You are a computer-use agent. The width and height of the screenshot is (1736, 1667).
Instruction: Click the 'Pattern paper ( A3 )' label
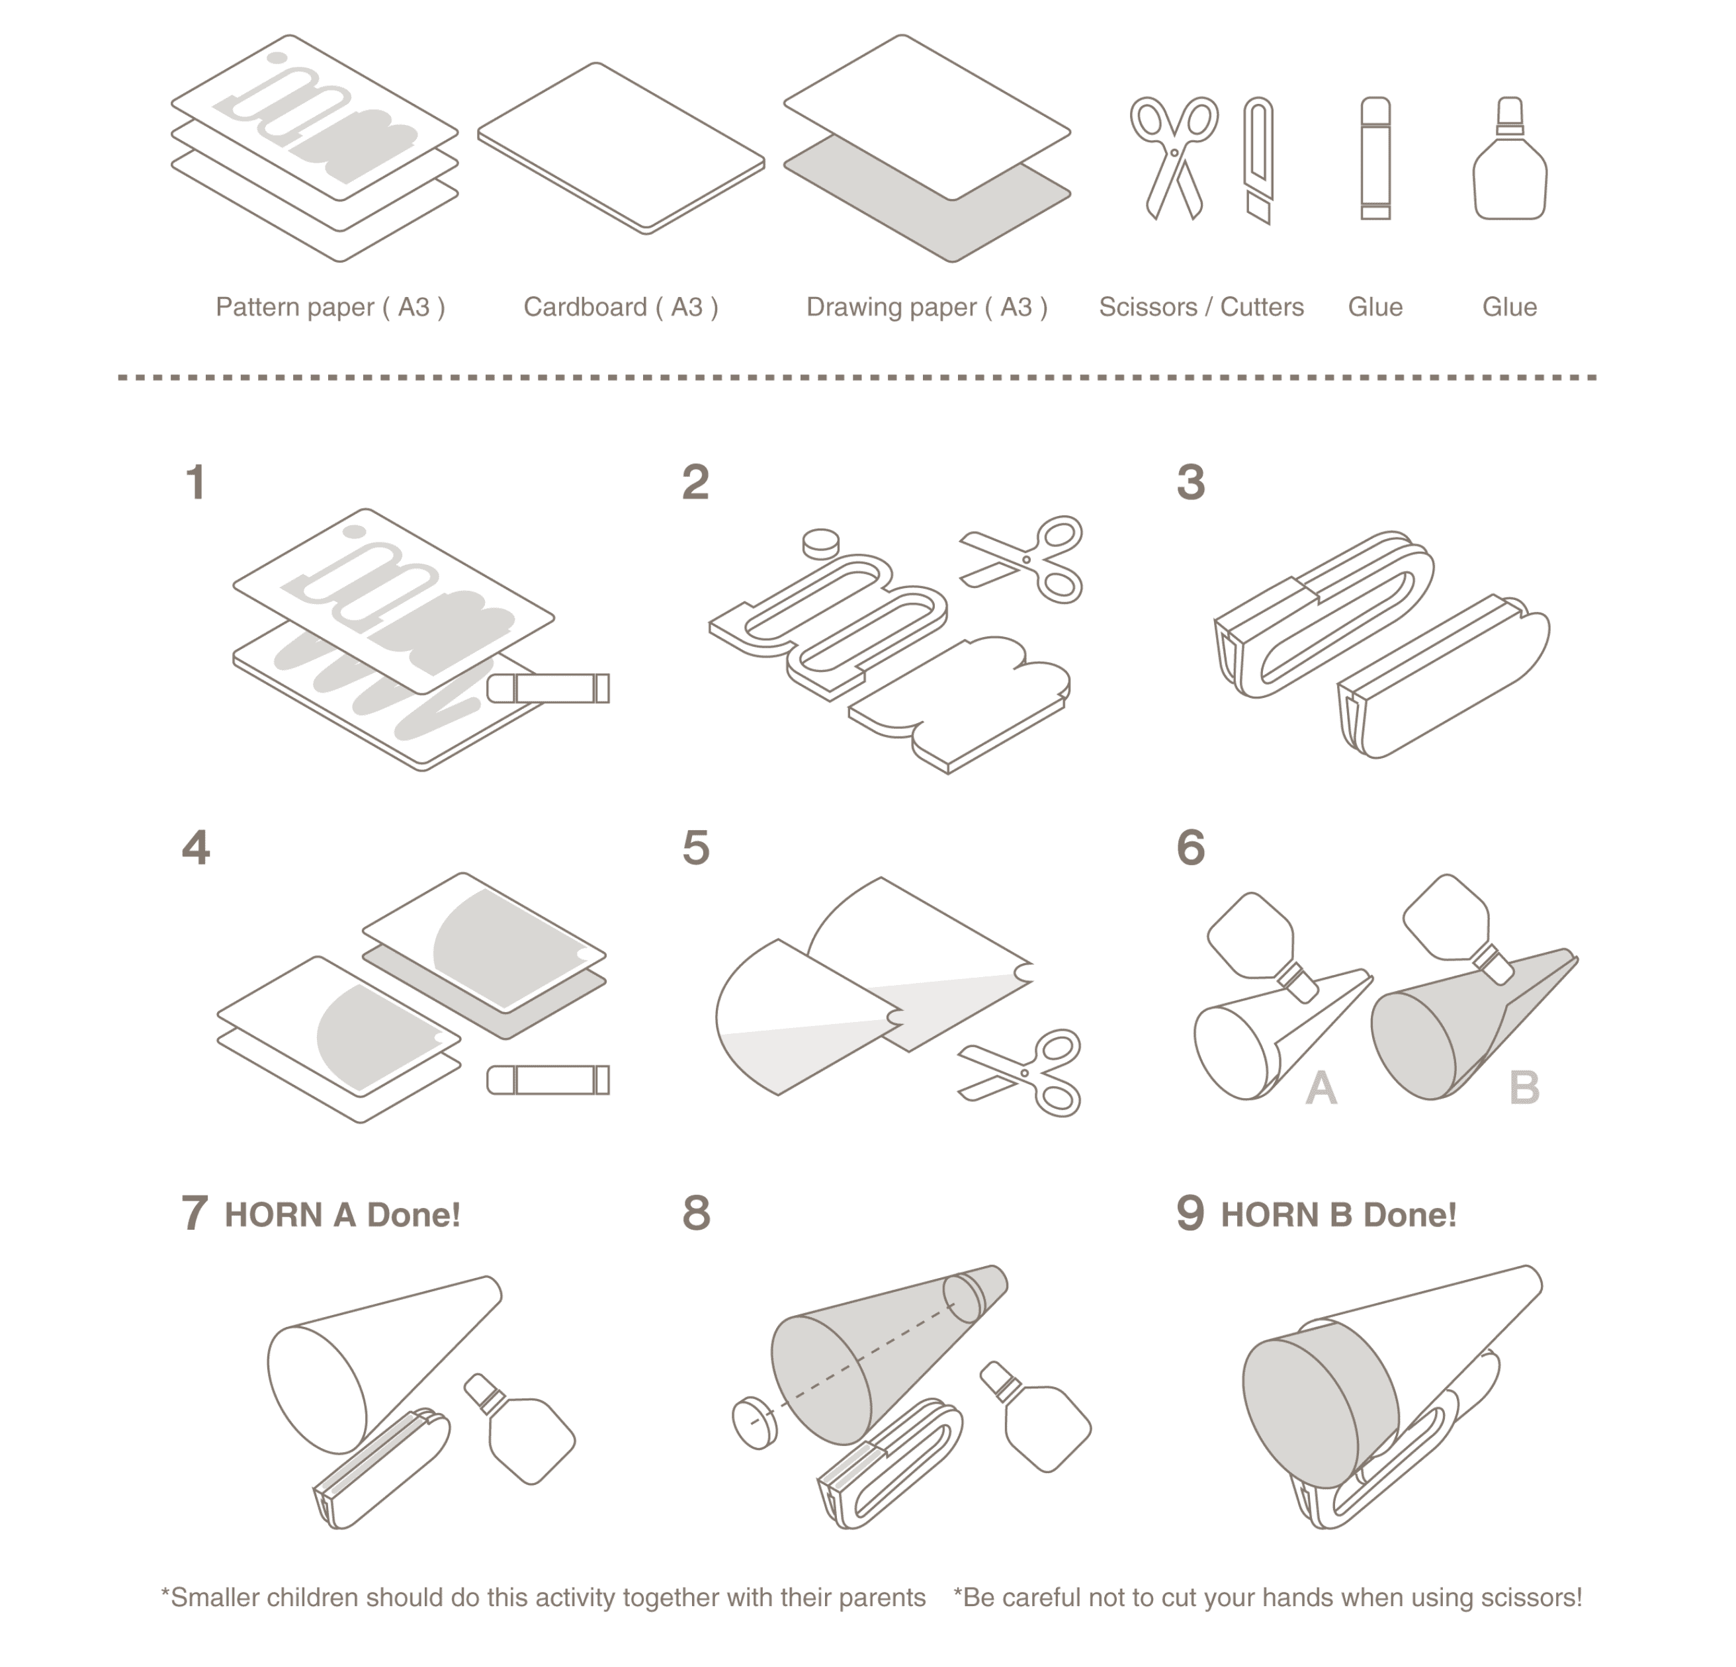(x=330, y=308)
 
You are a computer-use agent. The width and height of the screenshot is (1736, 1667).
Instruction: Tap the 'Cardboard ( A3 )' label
(x=620, y=308)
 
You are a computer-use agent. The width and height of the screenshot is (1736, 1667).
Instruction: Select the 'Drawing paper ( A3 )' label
(x=926, y=308)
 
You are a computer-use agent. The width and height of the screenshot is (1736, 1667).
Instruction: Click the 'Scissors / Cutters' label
(x=1200, y=308)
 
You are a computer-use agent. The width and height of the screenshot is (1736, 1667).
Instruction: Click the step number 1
(x=196, y=483)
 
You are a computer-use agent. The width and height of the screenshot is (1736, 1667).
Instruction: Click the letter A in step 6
(x=1321, y=1088)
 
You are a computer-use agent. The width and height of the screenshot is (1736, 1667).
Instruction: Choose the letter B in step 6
(x=1524, y=1088)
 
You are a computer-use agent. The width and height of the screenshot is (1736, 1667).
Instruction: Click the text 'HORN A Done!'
(x=342, y=1215)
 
